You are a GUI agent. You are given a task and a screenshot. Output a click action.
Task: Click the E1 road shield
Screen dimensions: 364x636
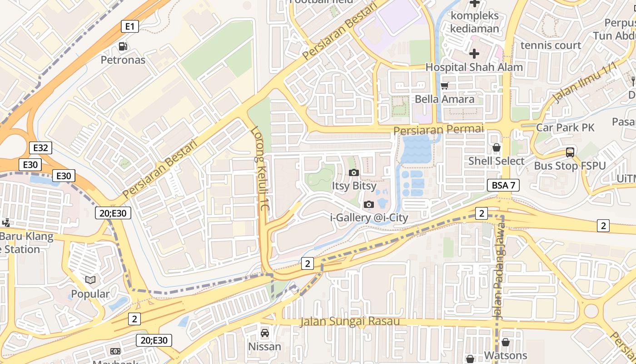click(x=129, y=26)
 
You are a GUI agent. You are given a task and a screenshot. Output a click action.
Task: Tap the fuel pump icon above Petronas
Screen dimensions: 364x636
click(x=123, y=46)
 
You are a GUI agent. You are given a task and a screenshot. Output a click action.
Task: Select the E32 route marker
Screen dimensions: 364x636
click(x=40, y=148)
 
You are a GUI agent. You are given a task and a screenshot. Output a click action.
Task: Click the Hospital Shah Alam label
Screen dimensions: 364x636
click(x=474, y=67)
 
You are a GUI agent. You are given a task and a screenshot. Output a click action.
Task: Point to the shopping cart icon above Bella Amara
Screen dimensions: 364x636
click(x=445, y=86)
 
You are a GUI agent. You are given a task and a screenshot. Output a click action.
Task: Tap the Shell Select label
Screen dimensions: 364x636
click(x=496, y=161)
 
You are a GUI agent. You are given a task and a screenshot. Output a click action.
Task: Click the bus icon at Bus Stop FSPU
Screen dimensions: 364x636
click(x=570, y=152)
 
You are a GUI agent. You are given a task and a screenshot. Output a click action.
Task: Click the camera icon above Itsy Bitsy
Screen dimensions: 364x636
click(x=353, y=172)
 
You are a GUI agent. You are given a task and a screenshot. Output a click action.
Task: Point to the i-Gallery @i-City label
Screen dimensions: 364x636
click(x=369, y=218)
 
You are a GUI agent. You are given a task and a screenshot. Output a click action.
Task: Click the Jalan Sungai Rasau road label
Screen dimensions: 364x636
click(x=350, y=322)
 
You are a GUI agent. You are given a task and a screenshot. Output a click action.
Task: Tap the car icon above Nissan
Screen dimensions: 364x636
click(x=264, y=334)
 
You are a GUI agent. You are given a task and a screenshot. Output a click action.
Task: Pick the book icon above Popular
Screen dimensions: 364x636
click(x=90, y=280)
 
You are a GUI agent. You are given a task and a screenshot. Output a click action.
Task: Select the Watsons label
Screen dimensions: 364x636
click(x=506, y=355)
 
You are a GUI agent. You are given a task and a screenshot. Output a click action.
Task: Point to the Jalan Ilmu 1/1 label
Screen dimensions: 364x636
click(x=585, y=83)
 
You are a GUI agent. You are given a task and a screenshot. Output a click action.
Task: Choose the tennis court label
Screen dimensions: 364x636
click(x=551, y=45)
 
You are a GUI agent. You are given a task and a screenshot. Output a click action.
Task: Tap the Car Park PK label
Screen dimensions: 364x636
click(x=565, y=127)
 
